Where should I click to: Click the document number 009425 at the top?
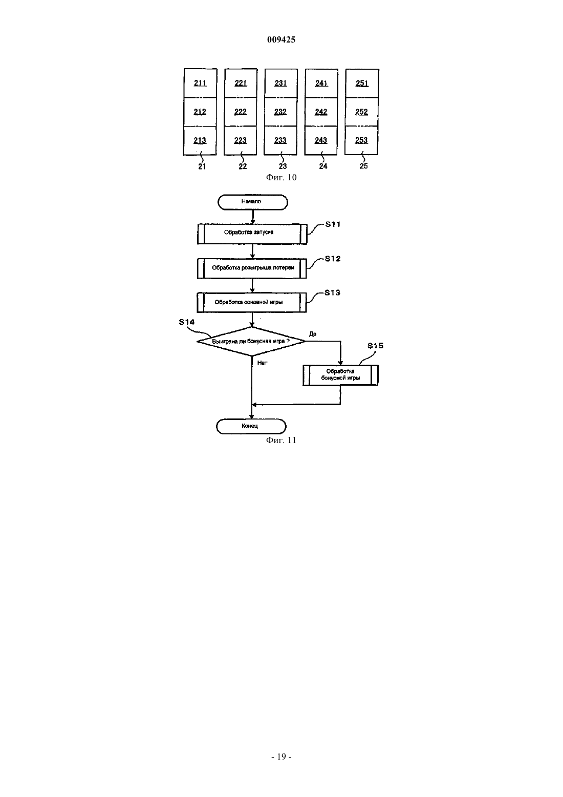[x=281, y=39]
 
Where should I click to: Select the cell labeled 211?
[x=200, y=83]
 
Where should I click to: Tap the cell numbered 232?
[x=280, y=112]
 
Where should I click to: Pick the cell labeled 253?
[x=361, y=140]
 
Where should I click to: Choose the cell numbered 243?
[x=321, y=140]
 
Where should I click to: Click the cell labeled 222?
[x=240, y=112]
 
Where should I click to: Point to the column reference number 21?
[x=202, y=166]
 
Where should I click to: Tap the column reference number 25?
[x=363, y=166]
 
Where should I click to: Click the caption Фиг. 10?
[x=281, y=177]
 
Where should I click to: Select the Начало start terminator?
[x=253, y=202]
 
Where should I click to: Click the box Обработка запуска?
[x=252, y=234]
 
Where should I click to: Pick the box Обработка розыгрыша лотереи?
[x=252, y=268]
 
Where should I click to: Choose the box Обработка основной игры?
[x=252, y=302]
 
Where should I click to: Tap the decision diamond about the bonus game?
[x=251, y=342]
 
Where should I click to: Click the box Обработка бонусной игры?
[x=340, y=375]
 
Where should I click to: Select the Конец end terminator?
[x=251, y=426]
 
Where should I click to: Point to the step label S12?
[x=333, y=259]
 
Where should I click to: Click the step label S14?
[x=187, y=322]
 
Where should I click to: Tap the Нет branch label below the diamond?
[x=262, y=363]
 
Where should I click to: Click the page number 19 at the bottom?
[x=281, y=757]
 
